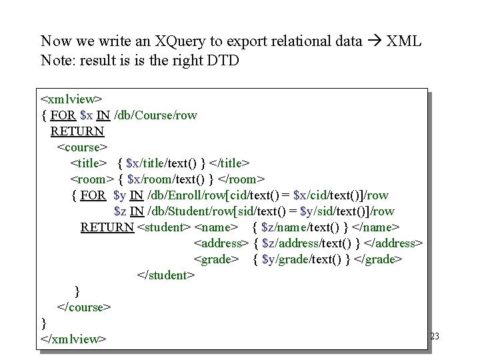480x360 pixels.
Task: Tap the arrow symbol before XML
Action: (374, 41)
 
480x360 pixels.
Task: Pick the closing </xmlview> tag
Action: (73, 339)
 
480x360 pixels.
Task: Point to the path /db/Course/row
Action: (156, 115)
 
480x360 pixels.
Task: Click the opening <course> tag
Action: (83, 147)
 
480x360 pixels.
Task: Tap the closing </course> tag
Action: (84, 307)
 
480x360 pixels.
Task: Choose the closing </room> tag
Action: (242, 179)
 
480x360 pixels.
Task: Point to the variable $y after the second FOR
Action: (120, 195)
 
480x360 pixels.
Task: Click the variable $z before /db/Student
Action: (120, 211)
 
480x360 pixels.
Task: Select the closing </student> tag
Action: (166, 275)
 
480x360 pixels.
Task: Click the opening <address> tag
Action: (221, 243)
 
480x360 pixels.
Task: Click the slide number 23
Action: (435, 337)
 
